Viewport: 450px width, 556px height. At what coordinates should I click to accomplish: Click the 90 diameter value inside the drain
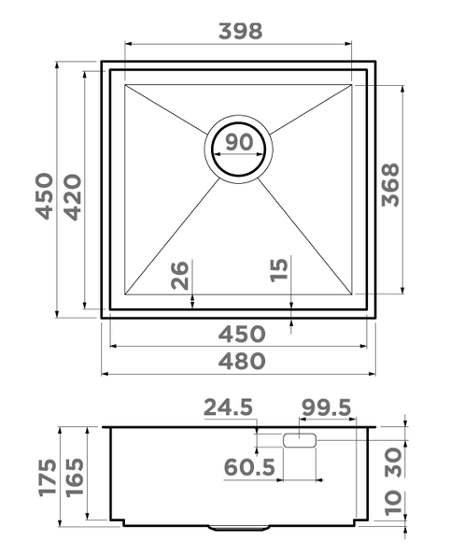click(239, 144)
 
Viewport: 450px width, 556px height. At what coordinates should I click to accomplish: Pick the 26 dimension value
click(180, 276)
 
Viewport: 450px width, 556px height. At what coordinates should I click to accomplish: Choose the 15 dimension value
click(279, 271)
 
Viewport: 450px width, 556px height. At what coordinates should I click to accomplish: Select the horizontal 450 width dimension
click(240, 334)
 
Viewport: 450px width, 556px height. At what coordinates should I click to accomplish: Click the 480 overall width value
click(240, 361)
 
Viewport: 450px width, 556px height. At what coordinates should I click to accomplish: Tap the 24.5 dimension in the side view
click(228, 407)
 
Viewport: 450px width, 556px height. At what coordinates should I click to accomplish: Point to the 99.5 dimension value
click(325, 407)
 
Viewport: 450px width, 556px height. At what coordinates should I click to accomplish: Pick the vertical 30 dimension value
click(394, 462)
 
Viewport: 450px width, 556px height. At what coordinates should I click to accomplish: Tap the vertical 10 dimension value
click(394, 506)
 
